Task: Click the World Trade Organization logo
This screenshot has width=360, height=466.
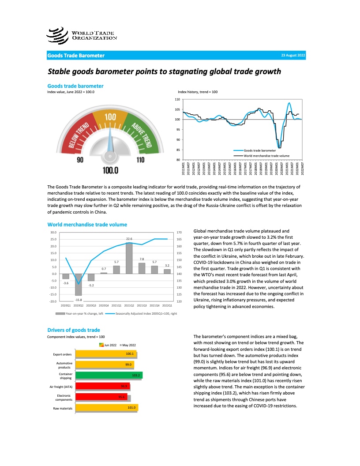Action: pyautogui.click(x=82, y=35)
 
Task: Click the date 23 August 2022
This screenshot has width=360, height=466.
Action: pyautogui.click(x=292, y=56)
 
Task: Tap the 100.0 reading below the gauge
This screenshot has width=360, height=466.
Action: pyautogui.click(x=110, y=170)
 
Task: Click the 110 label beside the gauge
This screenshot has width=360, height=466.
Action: pyautogui.click(x=140, y=160)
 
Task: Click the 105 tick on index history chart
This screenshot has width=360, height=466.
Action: pyautogui.click(x=177, y=109)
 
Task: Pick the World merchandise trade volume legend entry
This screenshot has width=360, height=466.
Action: pyautogui.click(x=266, y=156)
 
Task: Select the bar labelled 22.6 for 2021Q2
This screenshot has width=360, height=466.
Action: pyautogui.click(x=129, y=258)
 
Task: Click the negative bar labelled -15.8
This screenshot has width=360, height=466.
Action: pyautogui.click(x=79, y=285)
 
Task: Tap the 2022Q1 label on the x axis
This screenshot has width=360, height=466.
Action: pyautogui.click(x=167, y=305)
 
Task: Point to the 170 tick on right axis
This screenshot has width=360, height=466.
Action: pyautogui.click(x=179, y=232)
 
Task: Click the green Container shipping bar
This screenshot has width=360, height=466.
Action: pyautogui.click(x=109, y=375)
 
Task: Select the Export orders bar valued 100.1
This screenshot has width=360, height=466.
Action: pyautogui.click(x=106, y=354)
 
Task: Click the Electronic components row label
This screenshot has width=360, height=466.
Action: pyautogui.click(x=61, y=397)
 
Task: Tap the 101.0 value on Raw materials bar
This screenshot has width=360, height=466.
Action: pyautogui.click(x=131, y=408)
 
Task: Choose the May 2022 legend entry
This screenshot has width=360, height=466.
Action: pyautogui.click(x=129, y=345)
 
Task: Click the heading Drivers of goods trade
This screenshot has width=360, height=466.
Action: pyautogui.click(x=74, y=330)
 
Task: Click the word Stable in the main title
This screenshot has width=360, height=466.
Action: pyautogui.click(x=60, y=71)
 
